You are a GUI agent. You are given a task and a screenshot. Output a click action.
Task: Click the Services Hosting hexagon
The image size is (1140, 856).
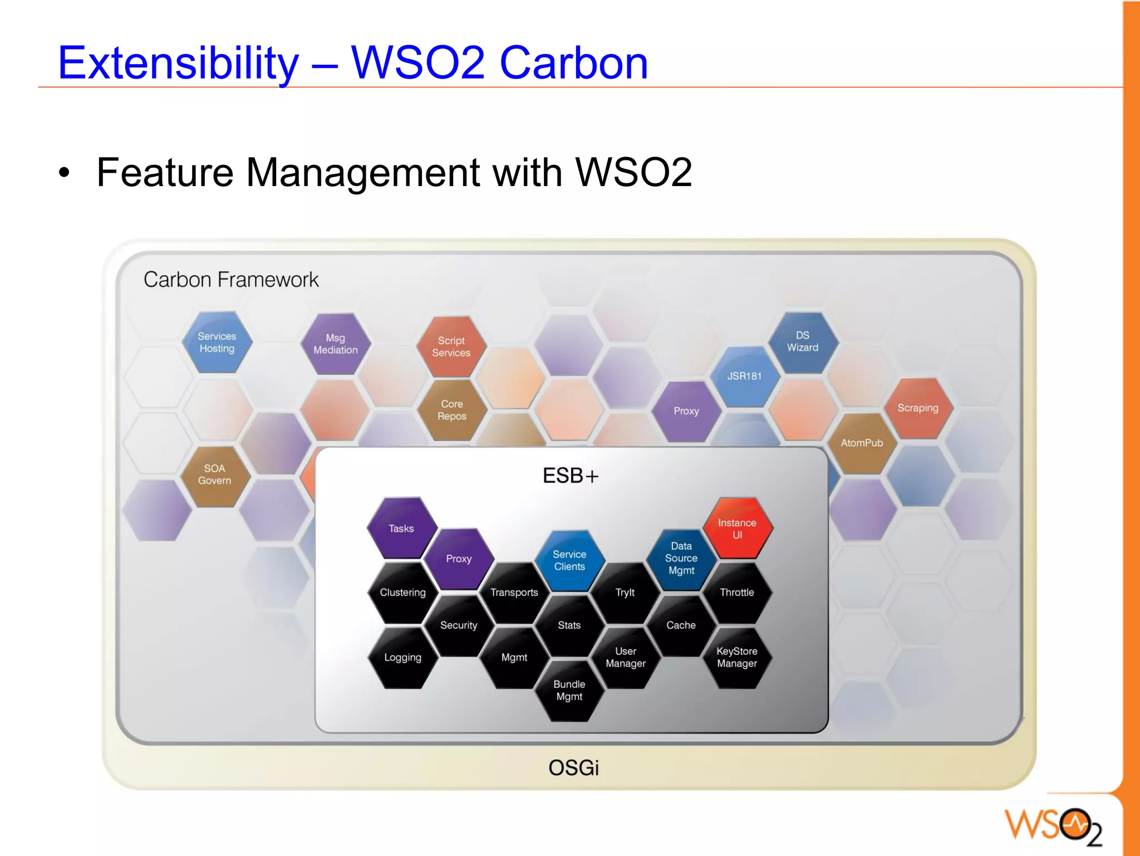coord(217,343)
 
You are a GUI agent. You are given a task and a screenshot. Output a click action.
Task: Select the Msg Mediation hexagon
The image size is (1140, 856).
coord(336,344)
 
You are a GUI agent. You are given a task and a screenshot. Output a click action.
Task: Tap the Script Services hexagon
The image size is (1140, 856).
coord(451,346)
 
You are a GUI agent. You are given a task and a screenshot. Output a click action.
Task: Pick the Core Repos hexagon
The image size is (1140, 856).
coord(452,410)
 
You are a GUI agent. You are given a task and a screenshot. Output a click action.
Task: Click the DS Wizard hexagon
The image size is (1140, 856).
coord(803,341)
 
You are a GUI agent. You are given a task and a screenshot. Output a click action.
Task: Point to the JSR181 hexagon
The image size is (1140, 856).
coord(745,376)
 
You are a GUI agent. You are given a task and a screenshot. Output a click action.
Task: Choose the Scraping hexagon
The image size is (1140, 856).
coord(918,408)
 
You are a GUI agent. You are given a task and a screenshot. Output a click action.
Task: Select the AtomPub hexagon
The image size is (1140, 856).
coord(862,443)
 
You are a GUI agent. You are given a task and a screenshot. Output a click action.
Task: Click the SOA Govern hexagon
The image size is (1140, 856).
coord(215,475)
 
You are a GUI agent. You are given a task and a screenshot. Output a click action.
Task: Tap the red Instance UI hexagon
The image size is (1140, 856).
coord(737,529)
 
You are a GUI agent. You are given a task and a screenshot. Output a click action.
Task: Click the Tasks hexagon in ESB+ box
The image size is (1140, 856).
coord(401,529)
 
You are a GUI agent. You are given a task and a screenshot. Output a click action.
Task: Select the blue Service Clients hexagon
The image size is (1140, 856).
coord(569,560)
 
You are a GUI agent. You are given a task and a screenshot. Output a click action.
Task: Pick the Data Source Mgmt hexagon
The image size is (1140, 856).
coord(681,558)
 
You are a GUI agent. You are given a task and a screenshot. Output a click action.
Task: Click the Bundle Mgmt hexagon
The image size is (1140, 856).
coord(569,691)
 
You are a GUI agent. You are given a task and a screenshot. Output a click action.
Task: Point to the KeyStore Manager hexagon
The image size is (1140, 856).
coord(737,657)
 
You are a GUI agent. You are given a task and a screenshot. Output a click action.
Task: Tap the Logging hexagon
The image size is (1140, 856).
coord(402,658)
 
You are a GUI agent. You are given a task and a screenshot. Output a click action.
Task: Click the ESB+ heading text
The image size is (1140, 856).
coord(571,476)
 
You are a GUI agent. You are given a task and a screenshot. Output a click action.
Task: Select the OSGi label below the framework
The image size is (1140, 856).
coord(573,768)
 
